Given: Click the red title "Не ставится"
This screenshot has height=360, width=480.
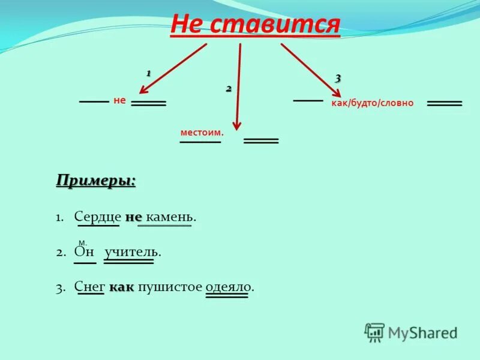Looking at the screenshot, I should point(255,25).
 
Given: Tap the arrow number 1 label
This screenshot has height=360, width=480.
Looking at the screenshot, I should point(148,73).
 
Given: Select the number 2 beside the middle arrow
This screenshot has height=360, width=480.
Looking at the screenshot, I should point(229,89).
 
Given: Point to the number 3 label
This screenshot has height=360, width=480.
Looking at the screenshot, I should point(338,78).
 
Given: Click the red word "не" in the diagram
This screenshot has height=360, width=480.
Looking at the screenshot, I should point(119,101).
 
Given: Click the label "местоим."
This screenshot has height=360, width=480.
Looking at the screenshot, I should point(202,132).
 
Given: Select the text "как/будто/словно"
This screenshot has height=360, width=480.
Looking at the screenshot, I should point(373,103).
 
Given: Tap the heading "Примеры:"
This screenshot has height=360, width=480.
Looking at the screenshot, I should point(96,180).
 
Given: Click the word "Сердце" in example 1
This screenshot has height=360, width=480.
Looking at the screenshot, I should point(98,217).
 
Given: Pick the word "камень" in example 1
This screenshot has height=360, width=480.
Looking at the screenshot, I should point(170,217).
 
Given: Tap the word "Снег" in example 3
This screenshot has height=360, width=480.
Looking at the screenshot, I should point(90,287).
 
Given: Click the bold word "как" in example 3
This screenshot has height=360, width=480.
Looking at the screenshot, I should point(122,287).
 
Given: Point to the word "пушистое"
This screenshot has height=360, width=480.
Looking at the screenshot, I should point(170,287).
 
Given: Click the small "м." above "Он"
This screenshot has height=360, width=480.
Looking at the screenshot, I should point(83,242).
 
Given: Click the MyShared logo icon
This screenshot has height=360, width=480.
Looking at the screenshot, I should point(374,332).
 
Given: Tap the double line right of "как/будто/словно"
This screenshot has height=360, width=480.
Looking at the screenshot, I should point(445,104).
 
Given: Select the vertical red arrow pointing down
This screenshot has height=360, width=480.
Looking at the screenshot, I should point(239,87).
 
